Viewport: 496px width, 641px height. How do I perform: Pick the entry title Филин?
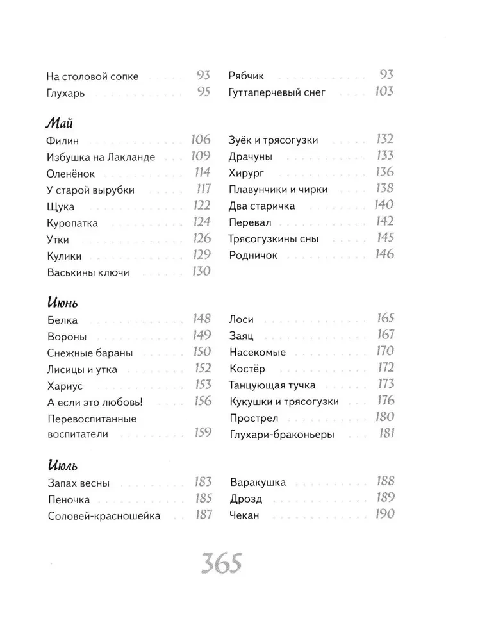62,140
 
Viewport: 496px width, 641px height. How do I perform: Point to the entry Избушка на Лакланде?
101,157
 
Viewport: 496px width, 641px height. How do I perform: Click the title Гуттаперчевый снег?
277,92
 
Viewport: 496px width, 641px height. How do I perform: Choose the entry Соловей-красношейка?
104,516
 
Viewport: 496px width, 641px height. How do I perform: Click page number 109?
201,156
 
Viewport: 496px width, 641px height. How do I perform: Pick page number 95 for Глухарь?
204,92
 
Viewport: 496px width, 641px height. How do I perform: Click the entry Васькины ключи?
88,272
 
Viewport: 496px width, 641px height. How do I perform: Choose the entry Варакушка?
258,483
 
